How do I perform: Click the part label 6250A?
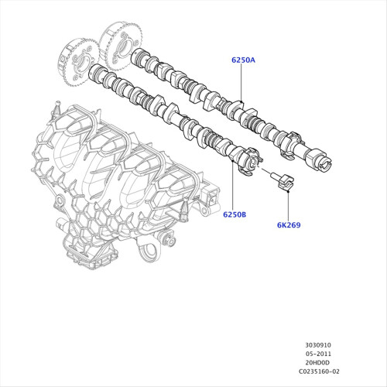[243, 60]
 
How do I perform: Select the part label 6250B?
[235, 214]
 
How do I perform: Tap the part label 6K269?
[289, 225]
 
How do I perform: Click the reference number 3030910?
[318, 345]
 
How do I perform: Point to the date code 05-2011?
[318, 354]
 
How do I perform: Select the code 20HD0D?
[317, 362]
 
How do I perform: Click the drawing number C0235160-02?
[319, 372]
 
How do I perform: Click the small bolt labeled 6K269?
[282, 181]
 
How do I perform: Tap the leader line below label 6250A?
[241, 83]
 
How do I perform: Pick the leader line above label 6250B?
[232, 186]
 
